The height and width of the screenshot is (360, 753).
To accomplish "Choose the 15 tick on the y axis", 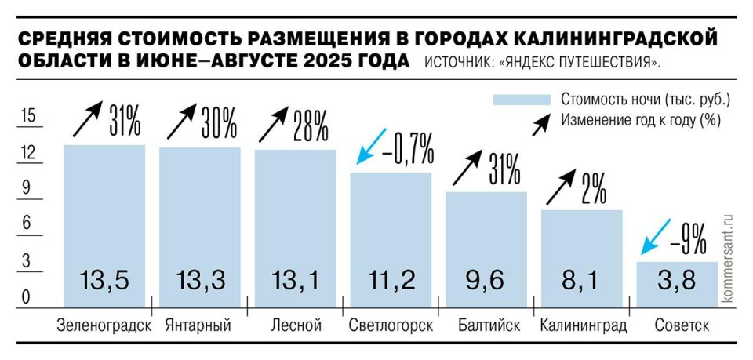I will click(28, 116).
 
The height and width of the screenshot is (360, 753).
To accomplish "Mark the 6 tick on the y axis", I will click(28, 224).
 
